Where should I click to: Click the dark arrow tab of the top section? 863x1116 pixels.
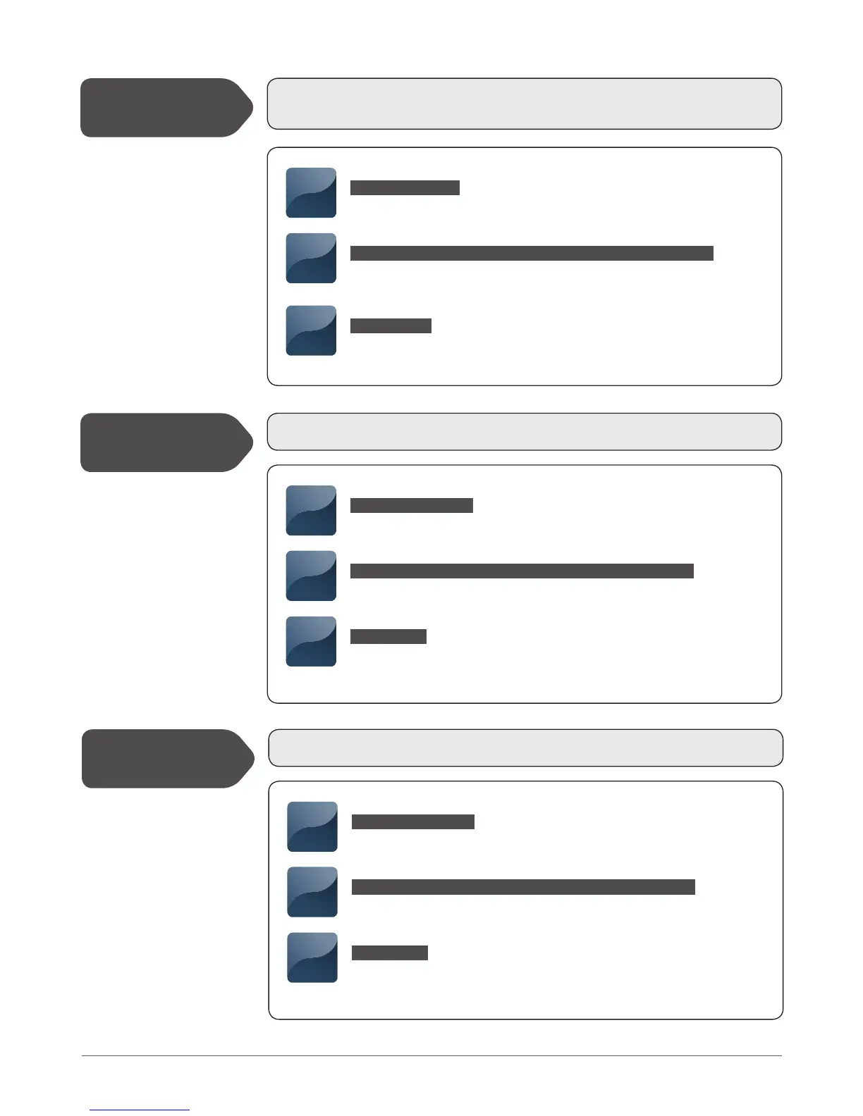click(x=166, y=108)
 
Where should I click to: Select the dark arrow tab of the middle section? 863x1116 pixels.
click(x=166, y=442)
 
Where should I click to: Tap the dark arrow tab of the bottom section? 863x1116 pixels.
click(x=167, y=759)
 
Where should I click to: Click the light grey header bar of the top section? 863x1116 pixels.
click(x=524, y=104)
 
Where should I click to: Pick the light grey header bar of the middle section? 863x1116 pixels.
click(x=524, y=432)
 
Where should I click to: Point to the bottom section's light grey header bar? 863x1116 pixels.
click(x=525, y=748)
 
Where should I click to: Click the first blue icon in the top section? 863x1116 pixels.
click(x=311, y=192)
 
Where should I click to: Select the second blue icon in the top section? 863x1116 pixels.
click(x=311, y=258)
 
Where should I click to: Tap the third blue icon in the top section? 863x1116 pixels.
click(x=311, y=330)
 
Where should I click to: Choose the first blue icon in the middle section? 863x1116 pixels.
click(x=311, y=510)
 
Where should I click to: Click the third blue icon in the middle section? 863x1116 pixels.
click(x=311, y=641)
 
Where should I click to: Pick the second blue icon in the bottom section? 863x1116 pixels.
click(x=312, y=892)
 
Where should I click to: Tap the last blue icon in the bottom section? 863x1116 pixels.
click(x=312, y=957)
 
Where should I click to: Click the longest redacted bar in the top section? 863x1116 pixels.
click(x=532, y=254)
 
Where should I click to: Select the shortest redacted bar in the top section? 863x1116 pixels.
click(x=391, y=325)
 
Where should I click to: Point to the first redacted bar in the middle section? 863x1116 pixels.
click(x=411, y=505)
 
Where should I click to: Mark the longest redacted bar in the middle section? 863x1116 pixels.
click(x=522, y=571)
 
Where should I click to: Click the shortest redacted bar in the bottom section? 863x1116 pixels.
click(x=390, y=953)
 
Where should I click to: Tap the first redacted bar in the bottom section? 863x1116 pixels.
click(x=412, y=821)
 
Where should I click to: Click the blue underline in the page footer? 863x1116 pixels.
click(x=140, y=1110)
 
